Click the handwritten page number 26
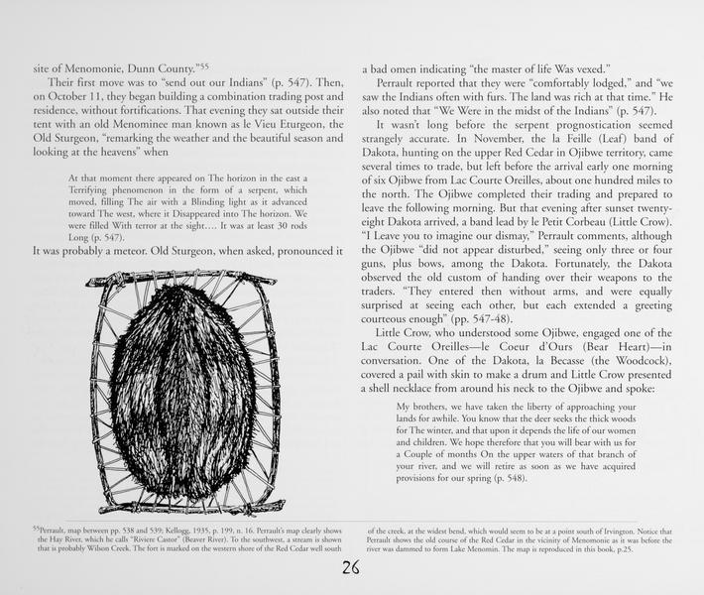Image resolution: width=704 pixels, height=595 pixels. pyautogui.click(x=350, y=568)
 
